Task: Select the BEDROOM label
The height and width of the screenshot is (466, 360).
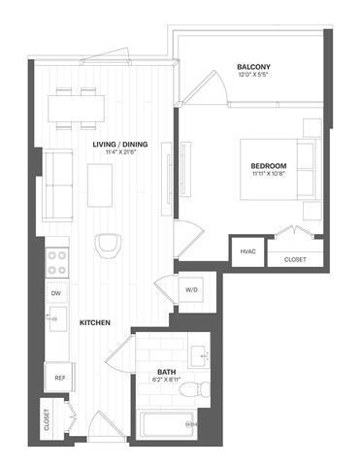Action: click(268, 166)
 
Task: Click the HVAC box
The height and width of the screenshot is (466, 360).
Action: click(247, 251)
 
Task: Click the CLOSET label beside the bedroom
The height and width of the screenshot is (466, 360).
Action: click(294, 259)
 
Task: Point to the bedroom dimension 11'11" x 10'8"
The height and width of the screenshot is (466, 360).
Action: click(268, 176)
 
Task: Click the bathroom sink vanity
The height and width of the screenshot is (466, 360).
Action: click(202, 352)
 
